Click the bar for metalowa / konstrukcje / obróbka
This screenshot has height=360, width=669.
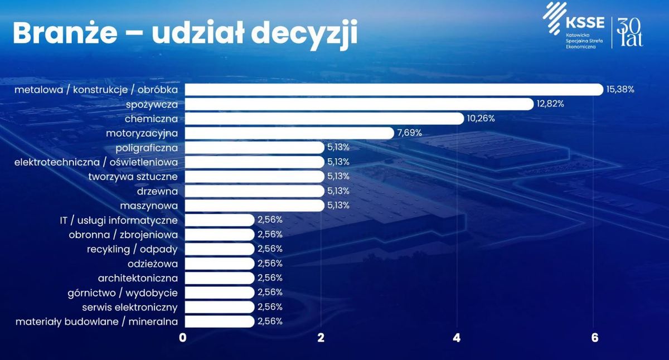[x=394, y=90]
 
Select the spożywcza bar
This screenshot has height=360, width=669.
[x=359, y=104]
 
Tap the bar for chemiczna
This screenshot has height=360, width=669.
[x=324, y=119]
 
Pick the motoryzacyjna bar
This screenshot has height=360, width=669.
[x=289, y=133]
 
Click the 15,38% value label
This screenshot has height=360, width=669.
[x=620, y=90]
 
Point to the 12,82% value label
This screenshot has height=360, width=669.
[x=550, y=104]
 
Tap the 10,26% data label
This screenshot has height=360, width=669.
[x=481, y=119]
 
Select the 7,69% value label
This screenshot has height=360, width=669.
[x=409, y=133]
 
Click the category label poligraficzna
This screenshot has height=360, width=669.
[x=147, y=148]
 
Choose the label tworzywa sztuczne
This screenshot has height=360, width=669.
[x=133, y=177]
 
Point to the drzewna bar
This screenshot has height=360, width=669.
[x=254, y=191]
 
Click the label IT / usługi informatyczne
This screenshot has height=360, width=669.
[x=119, y=221]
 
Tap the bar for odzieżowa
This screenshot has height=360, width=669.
[x=220, y=264]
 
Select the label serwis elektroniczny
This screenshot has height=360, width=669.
[x=130, y=308]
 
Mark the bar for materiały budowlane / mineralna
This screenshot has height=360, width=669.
[x=220, y=322]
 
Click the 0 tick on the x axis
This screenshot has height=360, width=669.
[x=182, y=338]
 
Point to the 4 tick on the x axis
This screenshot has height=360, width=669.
[x=457, y=338]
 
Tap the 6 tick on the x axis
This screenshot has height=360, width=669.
[x=595, y=338]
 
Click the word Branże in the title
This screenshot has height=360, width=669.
[x=65, y=32]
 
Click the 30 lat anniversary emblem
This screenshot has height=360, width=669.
[x=630, y=32]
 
